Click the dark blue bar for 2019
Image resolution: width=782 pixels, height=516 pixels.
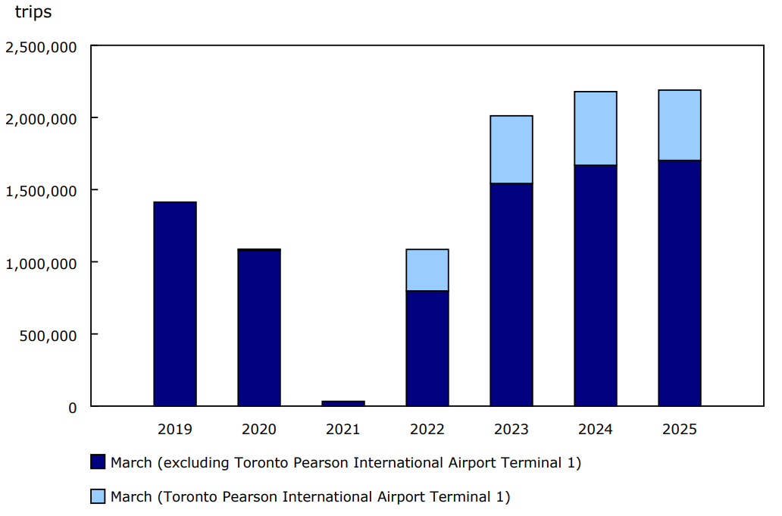click(x=175, y=304)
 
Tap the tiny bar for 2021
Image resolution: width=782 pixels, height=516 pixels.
click(x=343, y=403)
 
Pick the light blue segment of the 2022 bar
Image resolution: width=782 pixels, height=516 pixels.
click(x=427, y=271)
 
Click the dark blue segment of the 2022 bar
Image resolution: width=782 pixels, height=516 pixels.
click(x=427, y=349)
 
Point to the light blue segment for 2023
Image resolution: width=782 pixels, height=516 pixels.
click(x=511, y=150)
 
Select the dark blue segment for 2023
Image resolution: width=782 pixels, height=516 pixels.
click(x=511, y=295)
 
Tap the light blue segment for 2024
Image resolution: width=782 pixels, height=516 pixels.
click(x=596, y=129)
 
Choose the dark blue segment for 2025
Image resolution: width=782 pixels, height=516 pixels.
click(x=680, y=283)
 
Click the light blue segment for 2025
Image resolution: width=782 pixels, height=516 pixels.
click(x=680, y=126)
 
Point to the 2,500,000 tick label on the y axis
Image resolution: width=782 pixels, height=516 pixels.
click(x=41, y=47)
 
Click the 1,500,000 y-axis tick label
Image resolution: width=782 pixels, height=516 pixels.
click(x=41, y=191)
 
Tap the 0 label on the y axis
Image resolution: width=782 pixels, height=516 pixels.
click(x=73, y=408)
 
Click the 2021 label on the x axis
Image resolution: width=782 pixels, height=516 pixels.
click(x=343, y=430)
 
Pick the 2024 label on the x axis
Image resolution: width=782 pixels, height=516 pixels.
click(x=596, y=430)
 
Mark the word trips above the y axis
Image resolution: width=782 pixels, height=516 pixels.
click(x=33, y=13)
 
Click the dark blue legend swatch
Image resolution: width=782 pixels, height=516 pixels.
click(x=98, y=462)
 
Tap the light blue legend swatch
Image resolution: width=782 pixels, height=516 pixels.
click(x=98, y=497)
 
